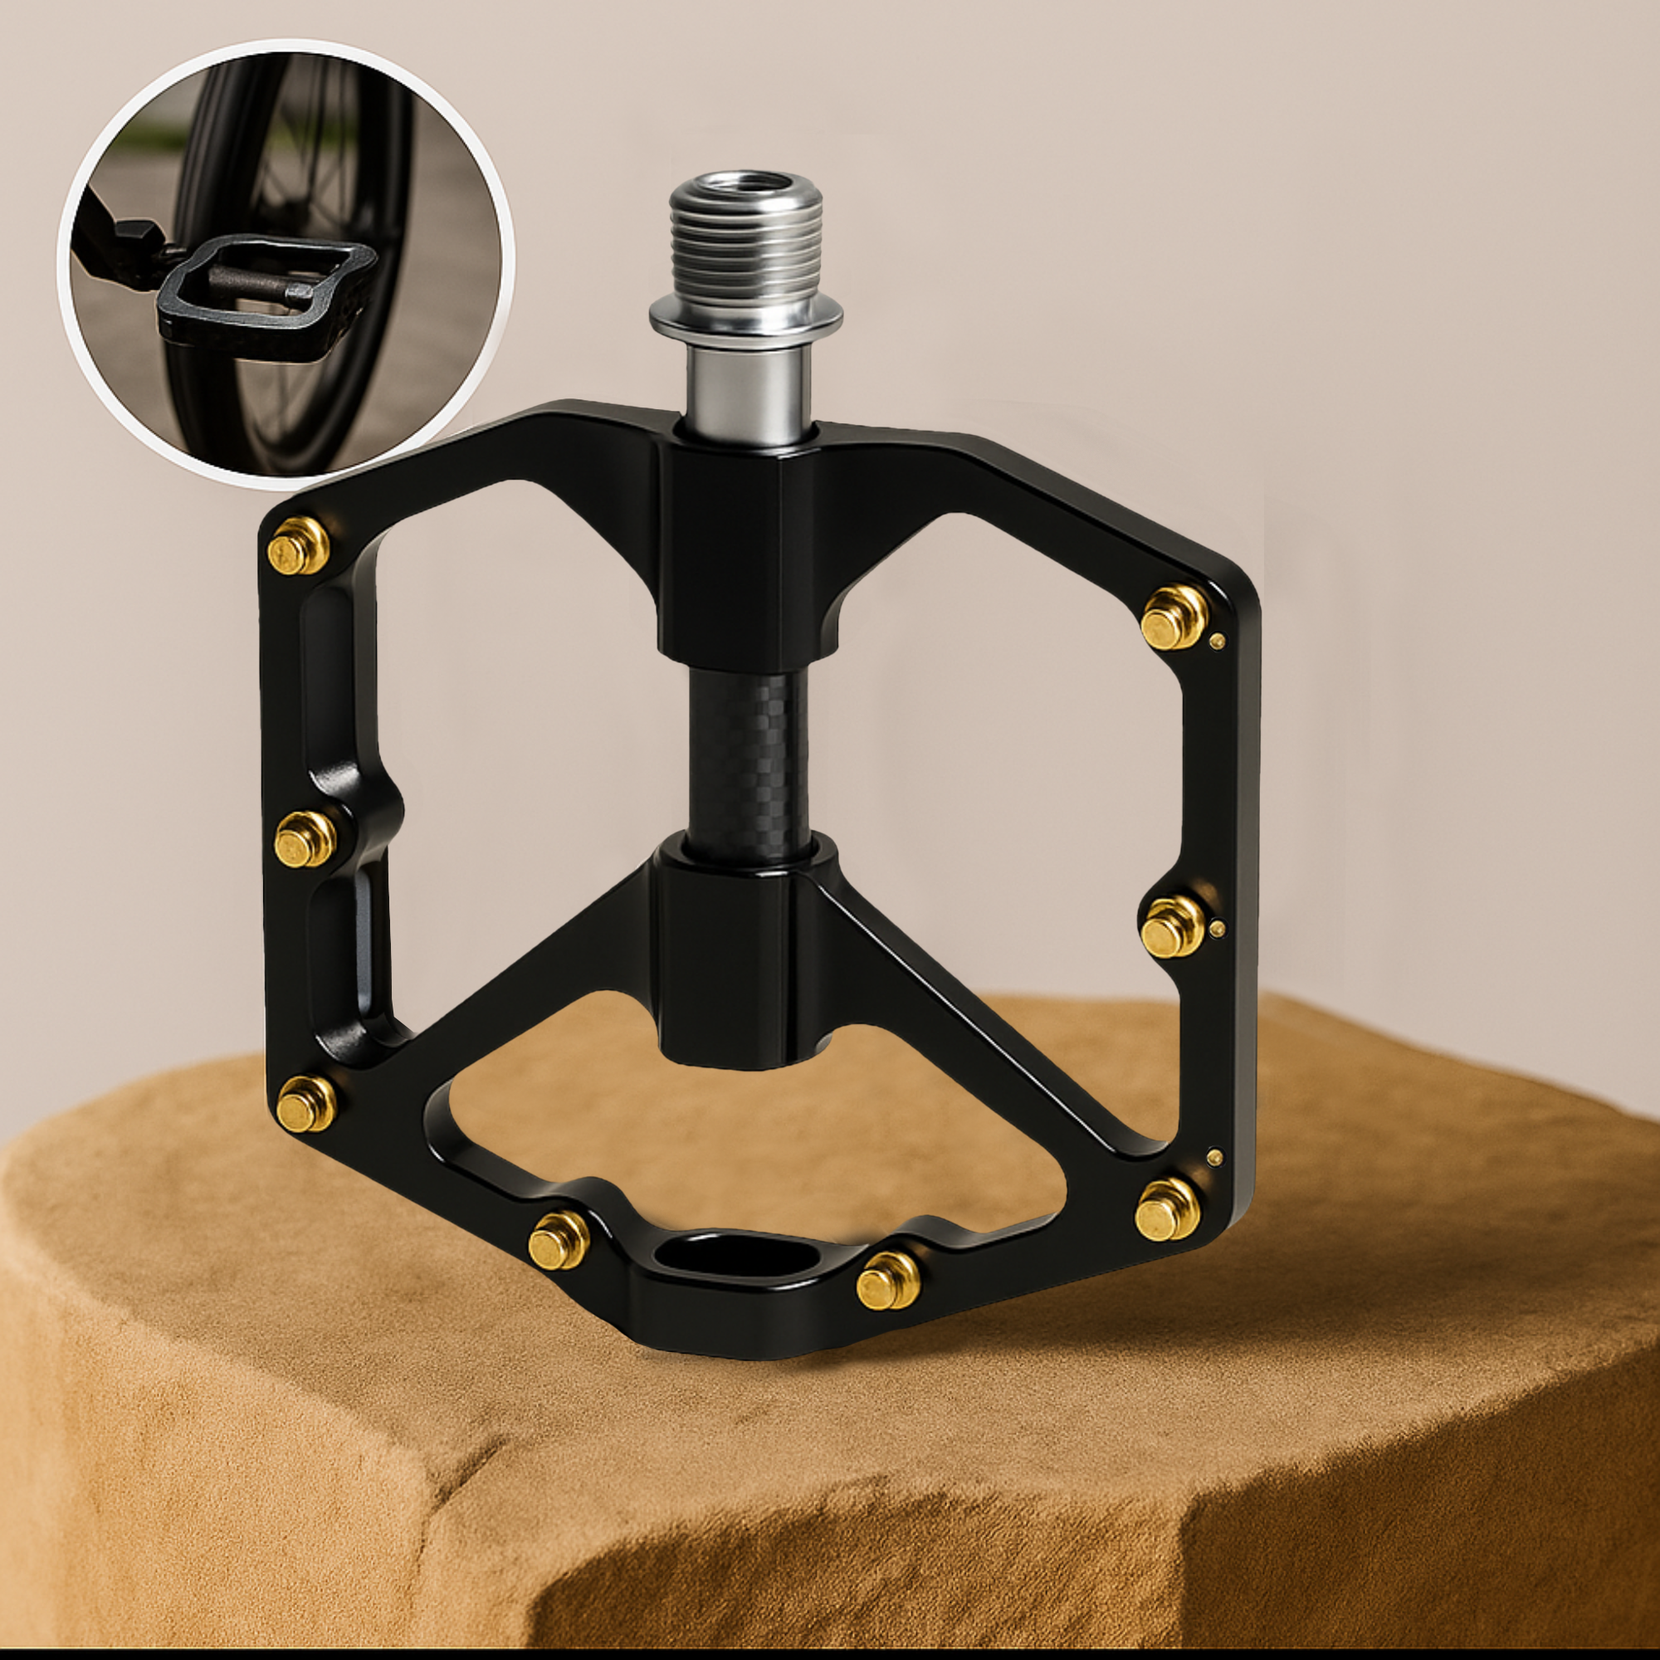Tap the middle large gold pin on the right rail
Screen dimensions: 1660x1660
tap(1174, 924)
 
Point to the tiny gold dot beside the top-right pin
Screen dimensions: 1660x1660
tap(1217, 639)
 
